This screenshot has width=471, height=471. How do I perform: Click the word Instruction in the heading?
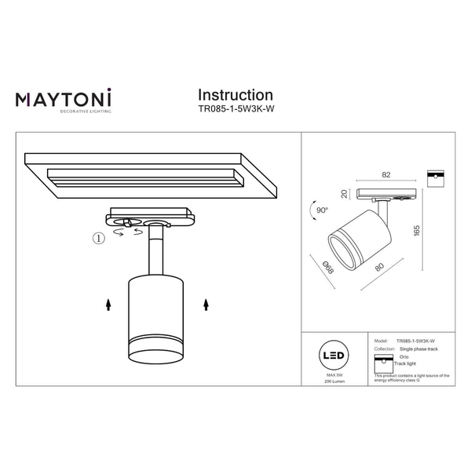pyautogui.click(x=235, y=96)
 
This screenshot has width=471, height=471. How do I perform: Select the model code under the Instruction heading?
pyautogui.click(x=235, y=111)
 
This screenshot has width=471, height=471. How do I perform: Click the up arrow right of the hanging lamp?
pyautogui.click(x=206, y=303)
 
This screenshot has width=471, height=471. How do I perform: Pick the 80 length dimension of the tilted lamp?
pyautogui.click(x=379, y=268)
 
